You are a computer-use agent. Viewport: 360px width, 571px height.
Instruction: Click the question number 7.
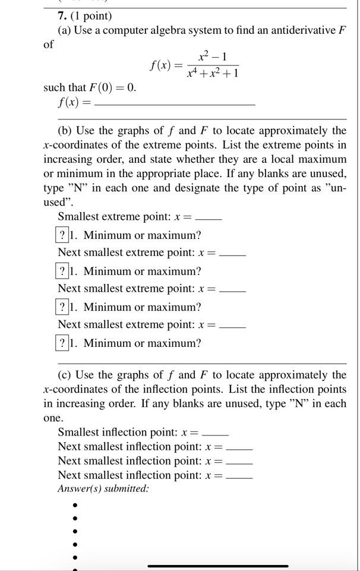coord(53,16)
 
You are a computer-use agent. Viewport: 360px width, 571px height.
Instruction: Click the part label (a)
coord(65,30)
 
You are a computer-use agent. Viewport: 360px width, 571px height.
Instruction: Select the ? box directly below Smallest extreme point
coord(62,235)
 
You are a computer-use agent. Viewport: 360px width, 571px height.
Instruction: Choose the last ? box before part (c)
coord(62,343)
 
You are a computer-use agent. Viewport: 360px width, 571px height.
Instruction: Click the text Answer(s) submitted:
coord(103,488)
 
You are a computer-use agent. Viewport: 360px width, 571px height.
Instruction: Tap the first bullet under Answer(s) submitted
coord(75,505)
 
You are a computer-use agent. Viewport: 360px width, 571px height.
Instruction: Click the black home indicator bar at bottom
coord(218,566)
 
